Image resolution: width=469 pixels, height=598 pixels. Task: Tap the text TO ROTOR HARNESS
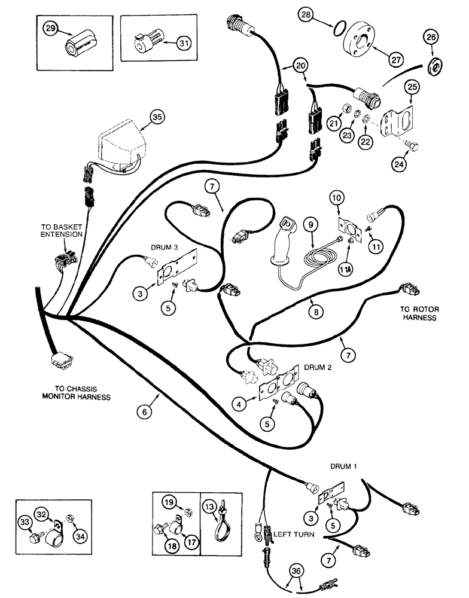coord(420,313)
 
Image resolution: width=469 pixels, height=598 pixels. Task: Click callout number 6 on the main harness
coord(143,411)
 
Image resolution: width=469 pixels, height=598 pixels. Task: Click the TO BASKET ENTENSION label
coord(61,231)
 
